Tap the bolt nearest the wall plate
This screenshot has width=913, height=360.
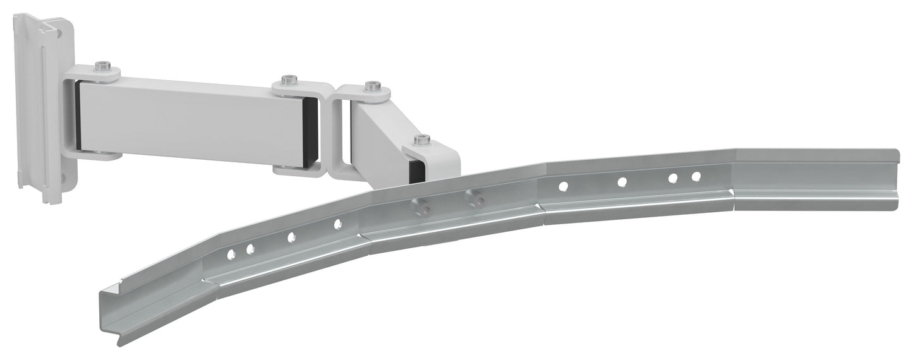pos(102,66)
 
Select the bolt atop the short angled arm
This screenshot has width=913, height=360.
pos(373,86)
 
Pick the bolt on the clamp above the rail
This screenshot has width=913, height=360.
pos(423,140)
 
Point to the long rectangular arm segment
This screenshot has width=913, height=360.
pos(190,120)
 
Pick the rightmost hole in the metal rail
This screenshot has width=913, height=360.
pos(696,177)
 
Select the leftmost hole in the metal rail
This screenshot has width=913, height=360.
pos(231,254)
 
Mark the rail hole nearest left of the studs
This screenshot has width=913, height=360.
pos(337,223)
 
